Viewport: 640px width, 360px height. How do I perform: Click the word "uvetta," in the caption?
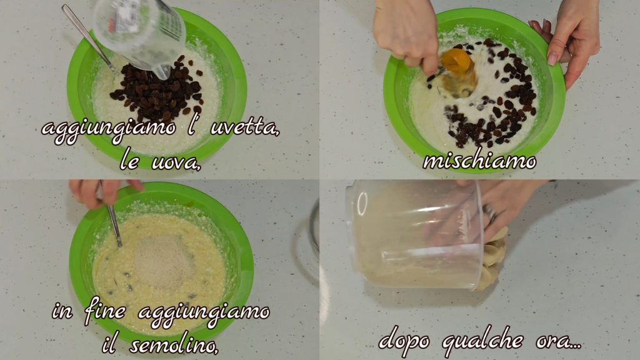pos(245,128)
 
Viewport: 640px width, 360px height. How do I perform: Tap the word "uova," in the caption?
pos(176,162)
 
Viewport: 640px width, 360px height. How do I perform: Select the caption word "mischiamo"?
pos(479,162)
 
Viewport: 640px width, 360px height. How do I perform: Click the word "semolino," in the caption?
pos(174,345)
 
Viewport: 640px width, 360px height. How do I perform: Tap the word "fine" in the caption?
pos(105,312)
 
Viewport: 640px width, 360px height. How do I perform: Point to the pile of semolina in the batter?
pos(162,262)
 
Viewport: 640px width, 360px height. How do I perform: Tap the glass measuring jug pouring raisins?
pos(140,34)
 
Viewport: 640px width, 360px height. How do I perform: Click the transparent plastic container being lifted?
pos(414,236)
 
